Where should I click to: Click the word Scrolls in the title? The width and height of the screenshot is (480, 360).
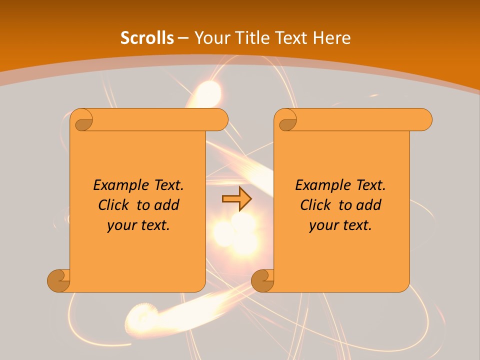[147, 38]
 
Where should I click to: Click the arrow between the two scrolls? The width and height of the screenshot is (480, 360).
[236, 199]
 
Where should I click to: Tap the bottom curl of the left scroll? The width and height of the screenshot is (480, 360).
[59, 280]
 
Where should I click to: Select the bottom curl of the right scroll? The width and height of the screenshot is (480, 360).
[263, 280]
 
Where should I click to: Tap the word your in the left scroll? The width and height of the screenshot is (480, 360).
[120, 225]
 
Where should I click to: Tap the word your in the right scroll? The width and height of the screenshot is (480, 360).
[322, 225]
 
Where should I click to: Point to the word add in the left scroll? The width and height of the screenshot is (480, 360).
[166, 205]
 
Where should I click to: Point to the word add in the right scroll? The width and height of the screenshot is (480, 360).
[368, 205]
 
